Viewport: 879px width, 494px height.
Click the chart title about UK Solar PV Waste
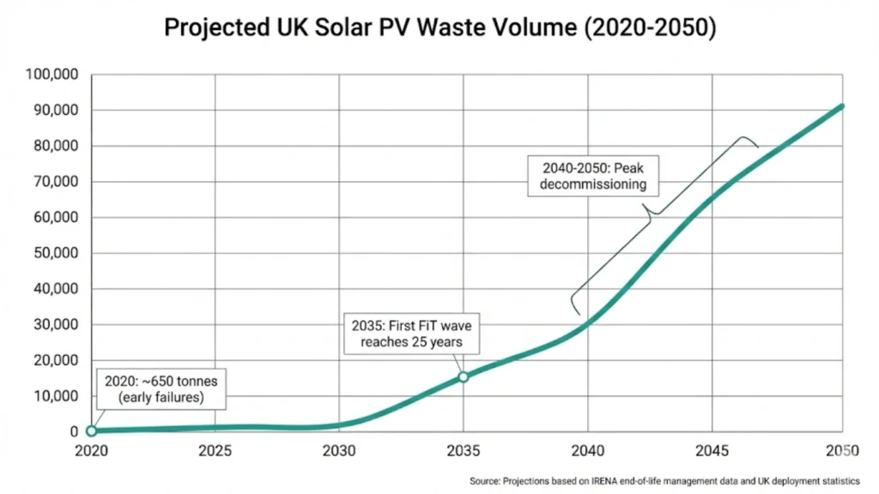(439, 27)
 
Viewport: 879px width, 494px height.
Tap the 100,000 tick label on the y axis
(53, 75)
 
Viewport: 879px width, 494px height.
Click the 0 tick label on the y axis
(76, 431)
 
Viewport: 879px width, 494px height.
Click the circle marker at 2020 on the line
(91, 431)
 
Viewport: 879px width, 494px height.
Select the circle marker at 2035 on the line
(464, 377)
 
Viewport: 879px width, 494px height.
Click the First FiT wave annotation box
(411, 334)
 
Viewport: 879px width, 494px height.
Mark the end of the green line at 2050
(842, 106)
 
